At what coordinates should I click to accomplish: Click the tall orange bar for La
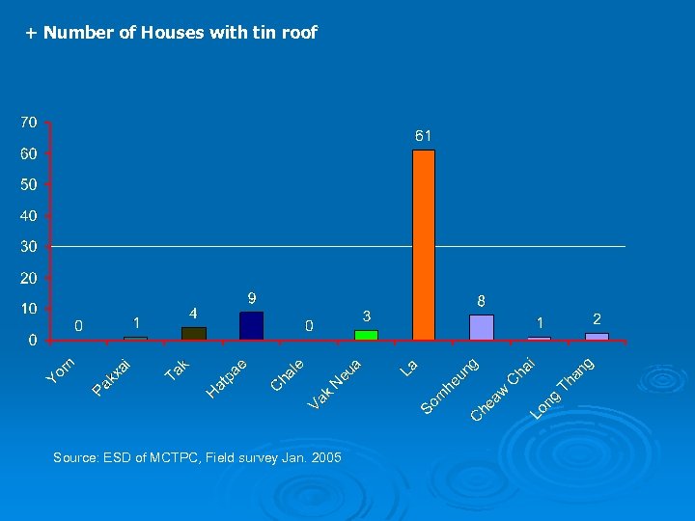pos(424,245)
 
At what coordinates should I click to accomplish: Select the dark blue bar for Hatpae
pos(251,326)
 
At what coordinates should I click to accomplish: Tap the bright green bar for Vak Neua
pos(366,335)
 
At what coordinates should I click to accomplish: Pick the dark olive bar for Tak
pos(194,333)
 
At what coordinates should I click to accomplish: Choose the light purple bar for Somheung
pos(482,327)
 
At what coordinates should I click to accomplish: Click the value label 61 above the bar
pos(424,136)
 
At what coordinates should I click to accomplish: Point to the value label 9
pos(252,297)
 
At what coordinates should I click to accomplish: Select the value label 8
pos(482,300)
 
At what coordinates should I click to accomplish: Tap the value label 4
pos(194,313)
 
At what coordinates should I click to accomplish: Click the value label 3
pos(366,316)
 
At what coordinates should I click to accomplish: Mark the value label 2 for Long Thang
pos(597,318)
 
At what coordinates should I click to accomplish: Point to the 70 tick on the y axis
pos(29,123)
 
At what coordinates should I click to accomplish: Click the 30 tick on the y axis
pos(29,247)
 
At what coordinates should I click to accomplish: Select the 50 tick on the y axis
pos(29,184)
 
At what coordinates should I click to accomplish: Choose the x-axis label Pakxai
pos(112,377)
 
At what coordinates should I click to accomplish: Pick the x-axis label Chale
pos(288,375)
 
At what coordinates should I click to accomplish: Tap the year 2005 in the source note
pos(326,457)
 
